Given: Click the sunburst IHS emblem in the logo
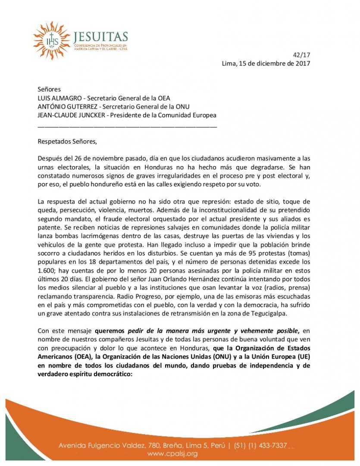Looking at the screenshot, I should click(51, 40).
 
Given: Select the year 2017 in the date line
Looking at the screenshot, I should click(301, 63).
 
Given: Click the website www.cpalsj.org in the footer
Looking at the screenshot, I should click(172, 453).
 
